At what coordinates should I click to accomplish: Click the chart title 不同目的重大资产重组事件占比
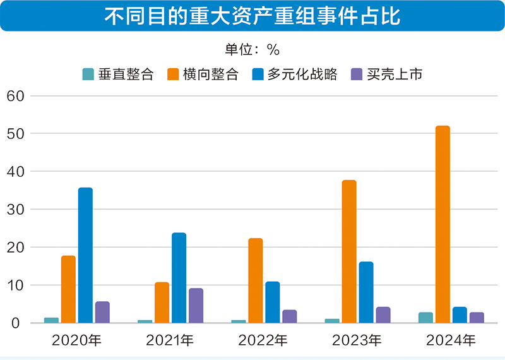click(x=252, y=16)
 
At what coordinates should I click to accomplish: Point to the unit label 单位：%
click(x=252, y=50)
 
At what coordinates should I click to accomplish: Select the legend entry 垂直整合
click(x=118, y=74)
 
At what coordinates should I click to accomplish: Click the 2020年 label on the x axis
click(x=76, y=341)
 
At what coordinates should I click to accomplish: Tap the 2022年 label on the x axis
click(x=264, y=341)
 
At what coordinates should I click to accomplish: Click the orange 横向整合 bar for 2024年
click(x=443, y=225)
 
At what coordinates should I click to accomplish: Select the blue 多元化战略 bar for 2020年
click(x=85, y=256)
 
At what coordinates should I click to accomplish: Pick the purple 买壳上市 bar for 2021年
click(x=196, y=306)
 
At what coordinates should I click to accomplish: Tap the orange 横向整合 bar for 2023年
click(x=349, y=252)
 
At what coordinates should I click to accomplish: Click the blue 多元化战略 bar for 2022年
click(x=272, y=303)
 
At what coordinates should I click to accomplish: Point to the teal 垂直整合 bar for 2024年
click(x=425, y=318)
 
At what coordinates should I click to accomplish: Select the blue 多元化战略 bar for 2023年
click(x=366, y=292)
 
